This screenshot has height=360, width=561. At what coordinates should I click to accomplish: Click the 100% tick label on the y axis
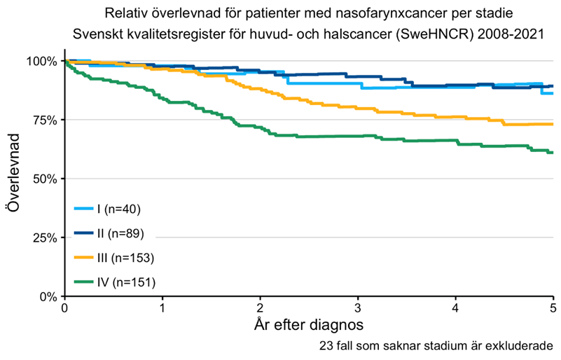pos(43,62)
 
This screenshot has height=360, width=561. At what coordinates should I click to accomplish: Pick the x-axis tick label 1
pos(162,309)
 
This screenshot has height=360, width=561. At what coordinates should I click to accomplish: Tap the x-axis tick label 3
pos(358,309)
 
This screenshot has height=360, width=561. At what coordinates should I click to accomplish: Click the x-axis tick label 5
pos(553,309)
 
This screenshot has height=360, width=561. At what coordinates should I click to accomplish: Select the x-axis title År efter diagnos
pos(309,326)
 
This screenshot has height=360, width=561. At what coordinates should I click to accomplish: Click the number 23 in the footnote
pos(324,347)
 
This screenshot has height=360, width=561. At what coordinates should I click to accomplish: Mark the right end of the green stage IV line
pos(553,152)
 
